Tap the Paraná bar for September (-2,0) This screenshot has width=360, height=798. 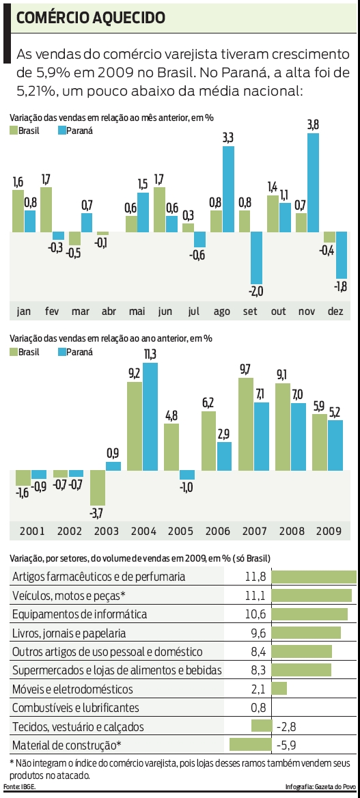pos(256,258)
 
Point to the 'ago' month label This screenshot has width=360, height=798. pos(222,311)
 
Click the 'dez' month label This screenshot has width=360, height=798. pos(335,311)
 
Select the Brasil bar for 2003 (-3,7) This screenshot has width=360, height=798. pos(97,497)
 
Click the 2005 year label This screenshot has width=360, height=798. pos(180,531)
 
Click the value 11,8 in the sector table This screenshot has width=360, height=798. pos(254,577)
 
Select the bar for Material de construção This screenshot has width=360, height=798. pos(251,745)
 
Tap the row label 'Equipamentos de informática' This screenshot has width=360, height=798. pos(80,614)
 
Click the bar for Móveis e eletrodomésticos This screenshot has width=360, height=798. pos(279,689)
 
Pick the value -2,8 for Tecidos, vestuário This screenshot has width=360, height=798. pos(286,726)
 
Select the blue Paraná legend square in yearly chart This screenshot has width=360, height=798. pos(63,352)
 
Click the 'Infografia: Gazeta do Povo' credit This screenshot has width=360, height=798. pos(320,787)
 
